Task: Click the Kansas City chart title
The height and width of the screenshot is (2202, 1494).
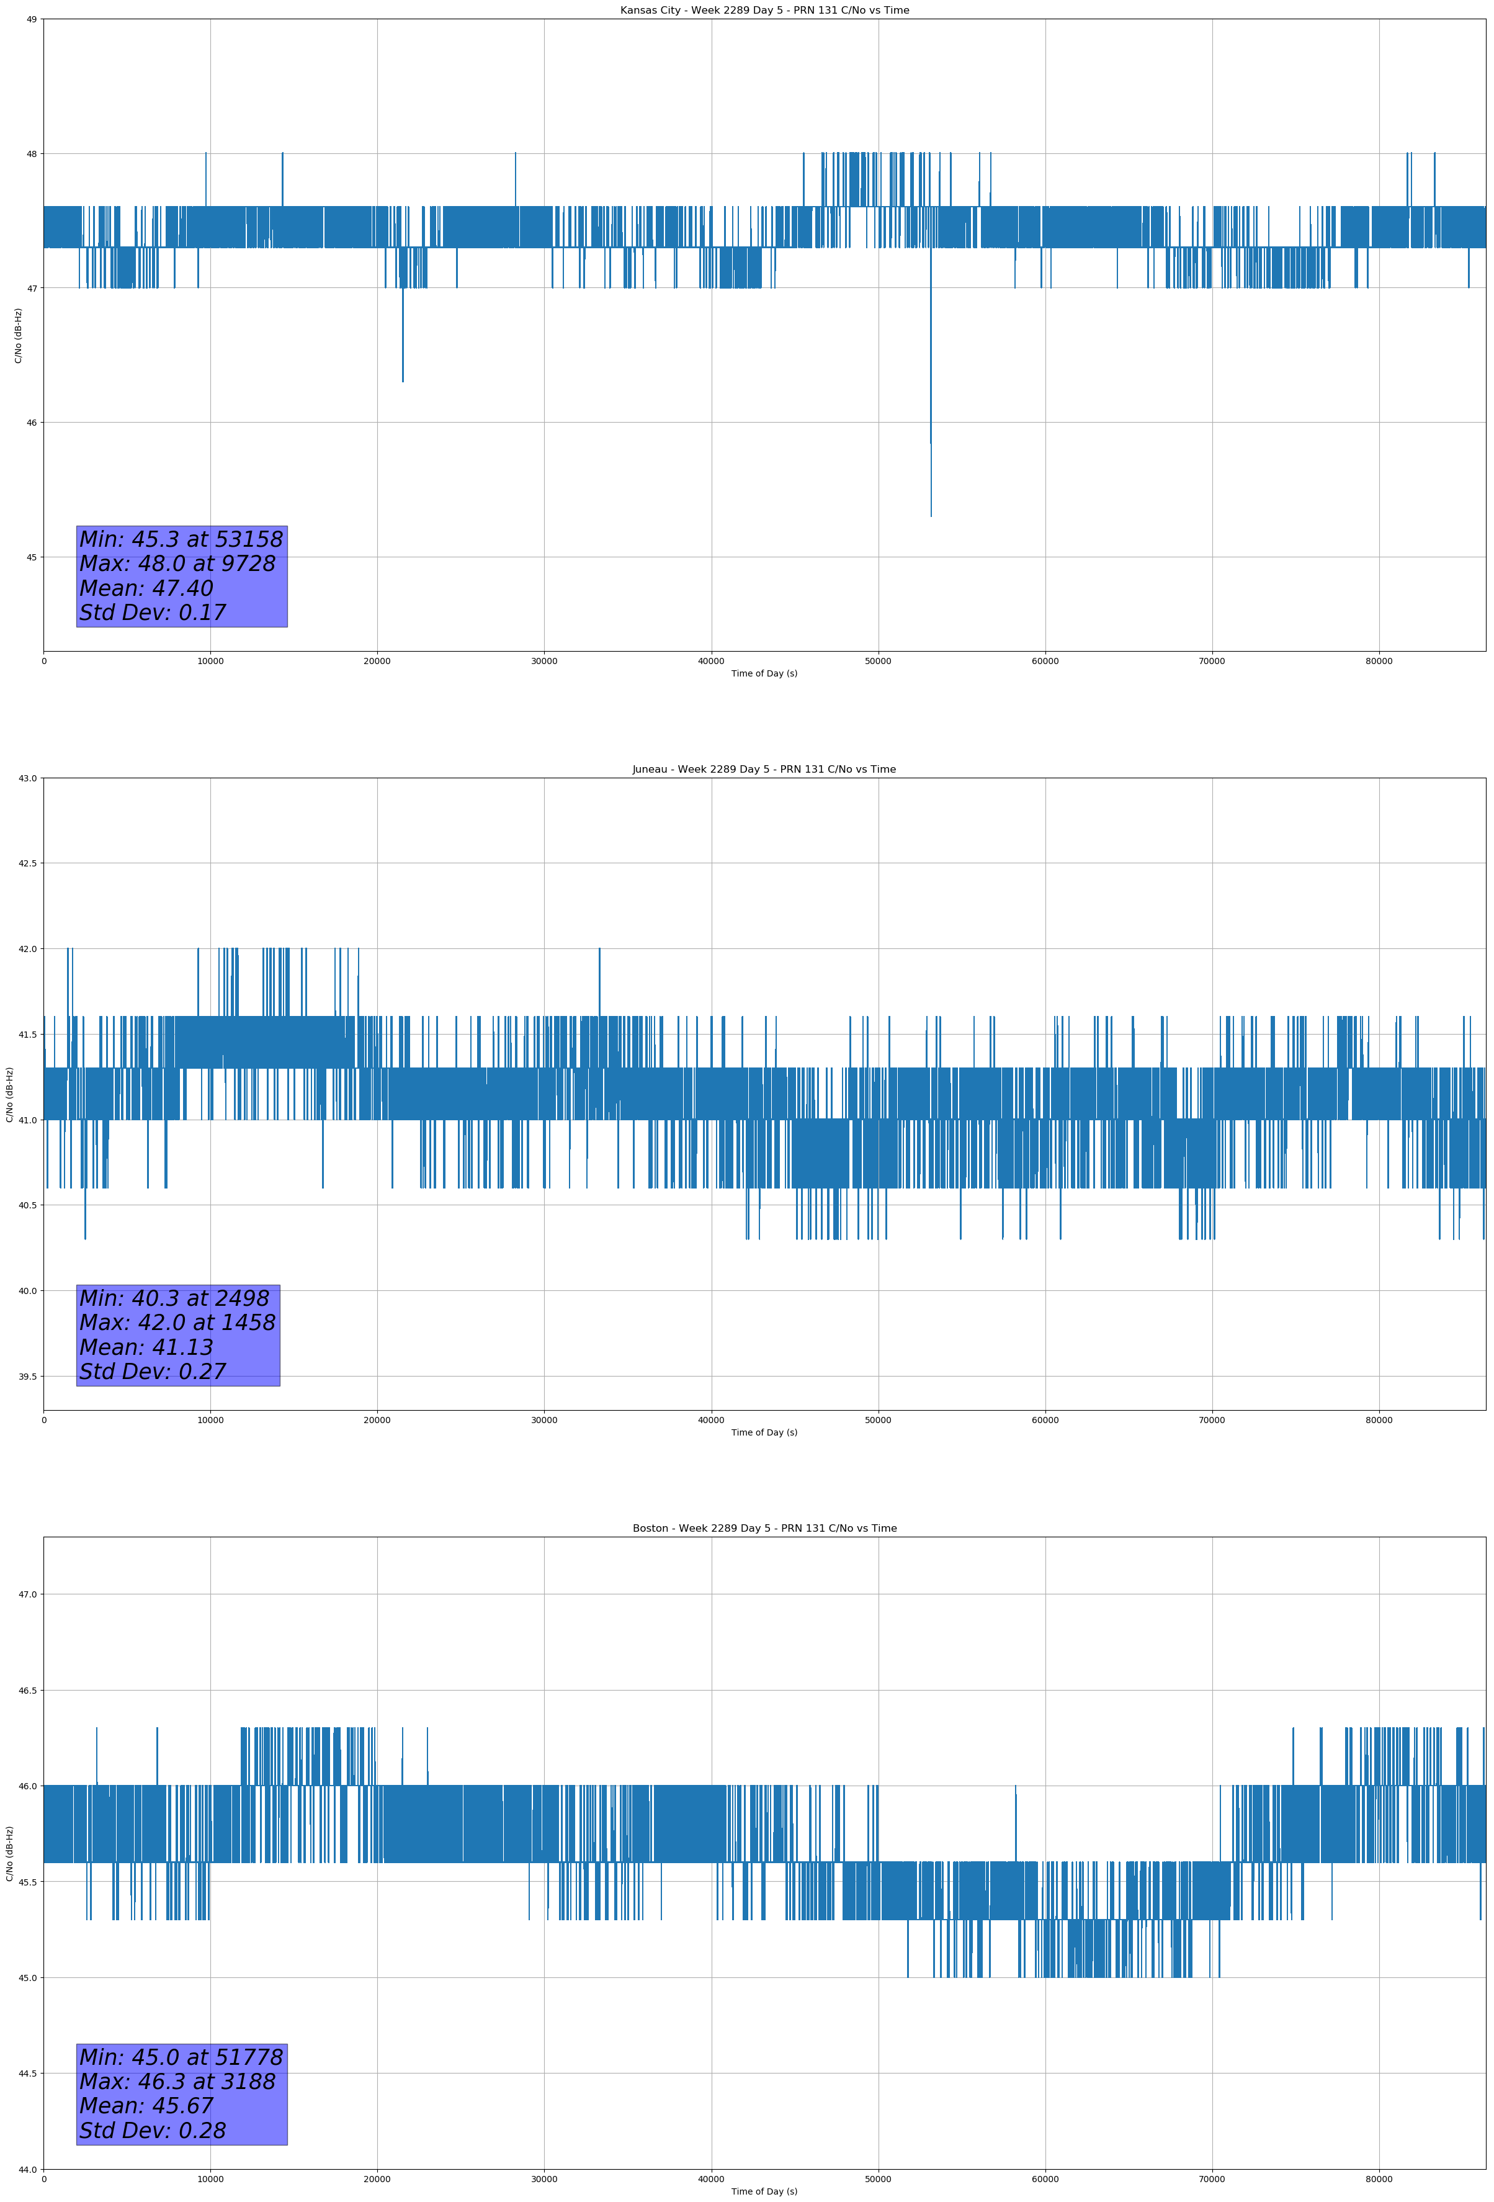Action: pyautogui.click(x=764, y=11)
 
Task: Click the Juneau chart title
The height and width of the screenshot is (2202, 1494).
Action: pyautogui.click(x=764, y=770)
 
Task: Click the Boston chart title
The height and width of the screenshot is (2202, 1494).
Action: pyautogui.click(x=764, y=1529)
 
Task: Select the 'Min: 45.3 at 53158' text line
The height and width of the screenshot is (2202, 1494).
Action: pyautogui.click(x=181, y=539)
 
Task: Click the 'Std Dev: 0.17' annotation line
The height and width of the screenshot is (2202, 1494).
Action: pyautogui.click(x=153, y=613)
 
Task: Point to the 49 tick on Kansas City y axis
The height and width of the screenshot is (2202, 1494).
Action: pyautogui.click(x=31, y=19)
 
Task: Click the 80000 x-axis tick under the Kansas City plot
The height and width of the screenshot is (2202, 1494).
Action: pyautogui.click(x=1379, y=662)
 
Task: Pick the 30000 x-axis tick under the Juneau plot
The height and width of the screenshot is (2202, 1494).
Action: pyautogui.click(x=543, y=1420)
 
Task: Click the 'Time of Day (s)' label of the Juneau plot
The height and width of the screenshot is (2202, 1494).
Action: pyautogui.click(x=764, y=1432)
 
